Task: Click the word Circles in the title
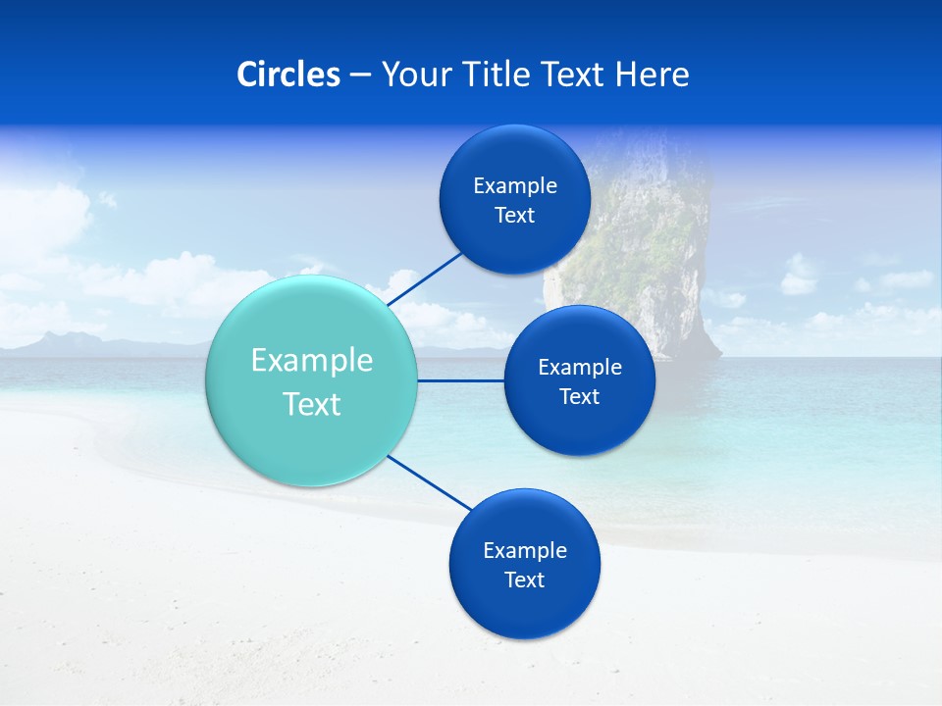[x=288, y=75]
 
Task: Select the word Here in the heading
[x=652, y=75]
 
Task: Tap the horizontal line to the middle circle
[x=461, y=380]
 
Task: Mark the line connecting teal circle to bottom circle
[x=430, y=482]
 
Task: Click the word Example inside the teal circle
[x=312, y=361]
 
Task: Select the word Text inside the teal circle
[x=312, y=404]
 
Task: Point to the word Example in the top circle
[x=515, y=186]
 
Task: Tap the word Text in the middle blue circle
[x=579, y=397]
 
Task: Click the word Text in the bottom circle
[x=524, y=580]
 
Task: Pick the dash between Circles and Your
[x=360, y=76]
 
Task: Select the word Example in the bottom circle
[x=525, y=551]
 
